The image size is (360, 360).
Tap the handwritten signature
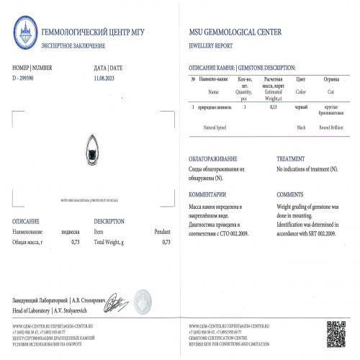click(x=116, y=302)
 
